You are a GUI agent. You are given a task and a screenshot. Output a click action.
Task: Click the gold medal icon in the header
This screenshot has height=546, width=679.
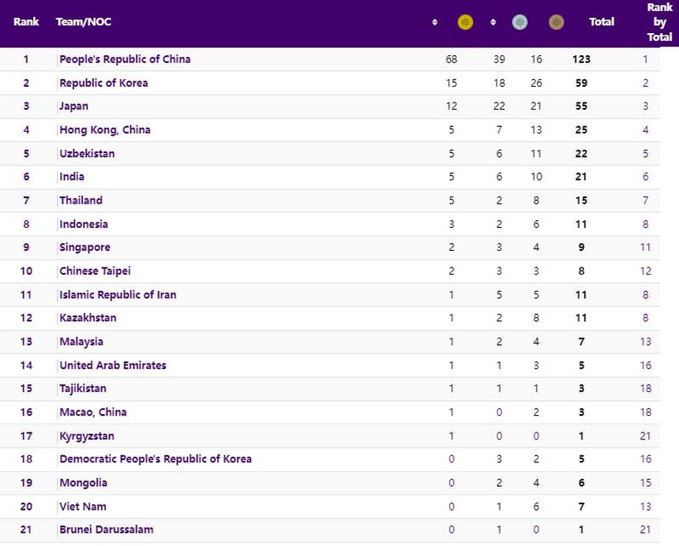tap(466, 22)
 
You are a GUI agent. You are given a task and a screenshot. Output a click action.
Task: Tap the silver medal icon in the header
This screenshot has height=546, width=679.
tap(520, 22)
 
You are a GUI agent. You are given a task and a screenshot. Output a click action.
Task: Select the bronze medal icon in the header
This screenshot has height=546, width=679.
tap(557, 22)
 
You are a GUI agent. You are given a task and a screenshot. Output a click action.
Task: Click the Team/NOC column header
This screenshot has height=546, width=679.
tap(84, 22)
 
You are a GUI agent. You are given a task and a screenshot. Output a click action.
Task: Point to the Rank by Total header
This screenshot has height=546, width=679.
tap(659, 22)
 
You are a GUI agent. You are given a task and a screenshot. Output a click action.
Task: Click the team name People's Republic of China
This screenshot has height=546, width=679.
tap(125, 59)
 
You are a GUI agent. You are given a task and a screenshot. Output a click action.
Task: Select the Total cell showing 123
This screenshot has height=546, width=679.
tap(581, 59)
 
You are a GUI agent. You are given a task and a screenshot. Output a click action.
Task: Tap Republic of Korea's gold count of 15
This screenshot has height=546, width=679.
tap(451, 83)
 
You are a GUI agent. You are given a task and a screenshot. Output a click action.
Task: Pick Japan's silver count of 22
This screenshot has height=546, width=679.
tap(499, 107)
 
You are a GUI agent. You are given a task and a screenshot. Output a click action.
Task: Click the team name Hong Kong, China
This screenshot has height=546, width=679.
tap(105, 130)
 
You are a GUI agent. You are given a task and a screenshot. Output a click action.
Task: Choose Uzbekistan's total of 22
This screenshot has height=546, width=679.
tap(581, 154)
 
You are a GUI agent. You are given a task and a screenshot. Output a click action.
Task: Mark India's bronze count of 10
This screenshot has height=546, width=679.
tap(536, 177)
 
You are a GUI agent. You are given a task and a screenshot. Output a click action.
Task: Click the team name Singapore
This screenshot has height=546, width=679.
tap(84, 248)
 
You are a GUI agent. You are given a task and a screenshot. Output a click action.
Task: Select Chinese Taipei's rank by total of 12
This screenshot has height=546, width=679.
tap(645, 271)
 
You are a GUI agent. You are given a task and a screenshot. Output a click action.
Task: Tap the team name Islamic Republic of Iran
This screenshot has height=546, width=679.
tap(118, 295)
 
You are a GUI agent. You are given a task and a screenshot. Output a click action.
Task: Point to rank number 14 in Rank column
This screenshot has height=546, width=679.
tap(26, 365)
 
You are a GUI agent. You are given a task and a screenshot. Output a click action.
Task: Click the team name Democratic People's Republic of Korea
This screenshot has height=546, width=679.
tap(156, 459)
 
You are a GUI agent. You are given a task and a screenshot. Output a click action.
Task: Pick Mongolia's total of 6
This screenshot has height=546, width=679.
tap(581, 483)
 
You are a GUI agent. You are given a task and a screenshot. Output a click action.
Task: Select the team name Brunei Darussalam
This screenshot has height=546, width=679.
tap(107, 529)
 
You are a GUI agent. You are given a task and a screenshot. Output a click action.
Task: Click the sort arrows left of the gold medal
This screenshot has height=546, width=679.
tap(435, 22)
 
